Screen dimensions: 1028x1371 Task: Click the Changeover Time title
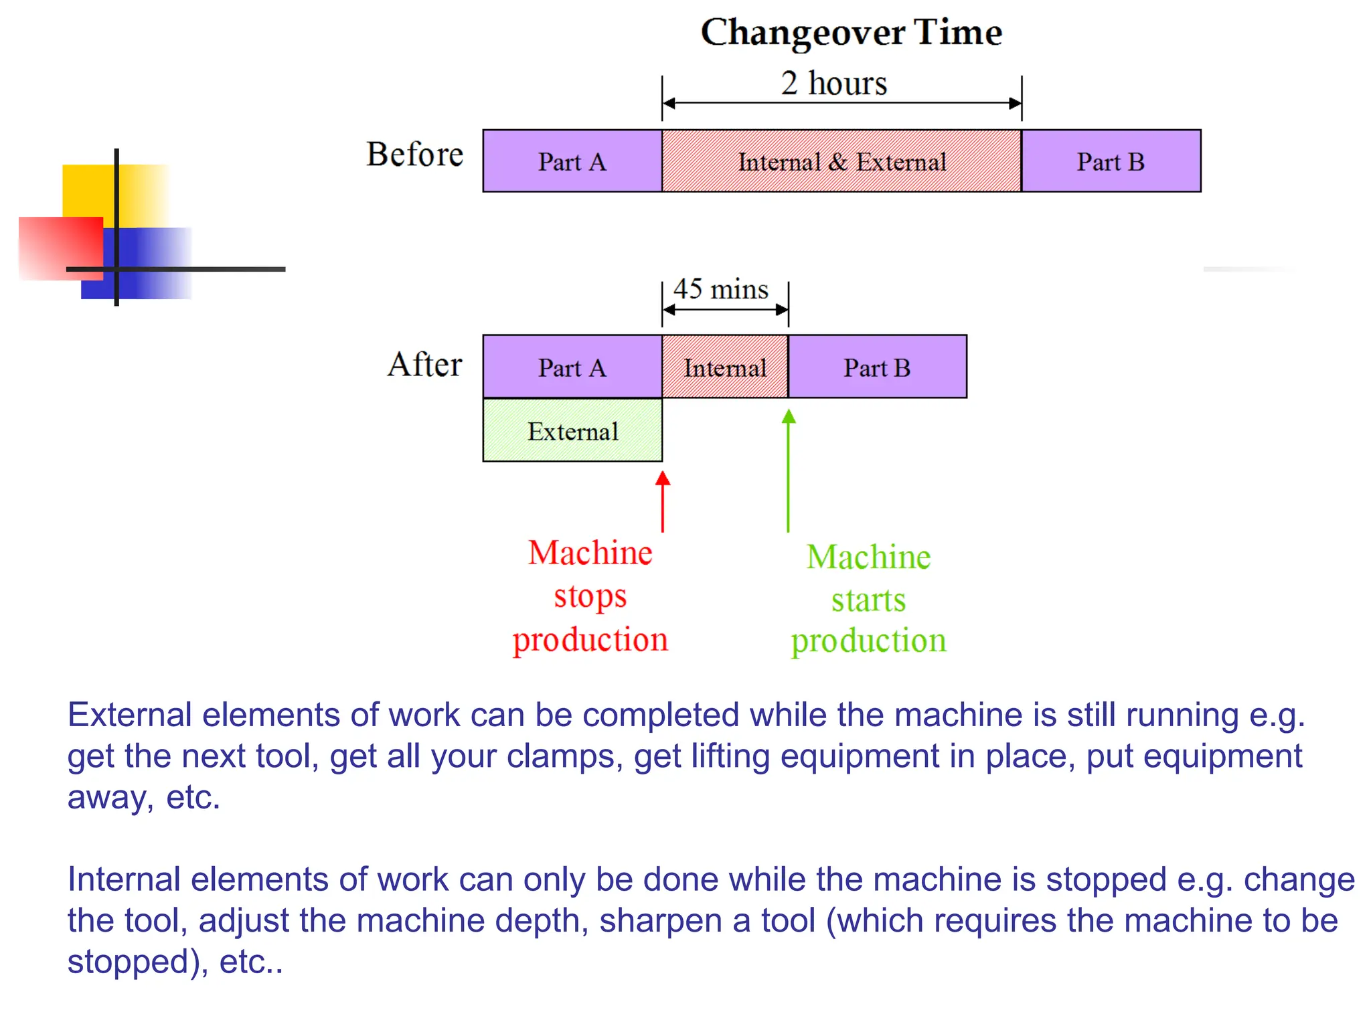click(851, 32)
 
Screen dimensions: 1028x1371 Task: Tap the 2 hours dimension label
click(833, 84)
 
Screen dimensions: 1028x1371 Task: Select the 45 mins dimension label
click(720, 289)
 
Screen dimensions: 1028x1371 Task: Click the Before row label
click(414, 155)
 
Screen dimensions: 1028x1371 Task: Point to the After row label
click(424, 365)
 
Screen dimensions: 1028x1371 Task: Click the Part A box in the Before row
click(572, 161)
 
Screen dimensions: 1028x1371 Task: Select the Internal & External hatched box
click(841, 161)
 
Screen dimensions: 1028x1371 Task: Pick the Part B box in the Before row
click(1111, 161)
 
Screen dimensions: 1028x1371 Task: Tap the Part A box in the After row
click(572, 367)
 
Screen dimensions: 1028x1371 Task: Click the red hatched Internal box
click(725, 367)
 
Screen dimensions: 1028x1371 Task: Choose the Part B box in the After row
click(877, 367)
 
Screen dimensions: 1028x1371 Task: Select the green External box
click(572, 430)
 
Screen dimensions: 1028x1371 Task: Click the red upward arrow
click(663, 502)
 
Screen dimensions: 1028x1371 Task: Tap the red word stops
click(590, 596)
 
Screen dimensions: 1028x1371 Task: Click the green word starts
click(868, 600)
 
